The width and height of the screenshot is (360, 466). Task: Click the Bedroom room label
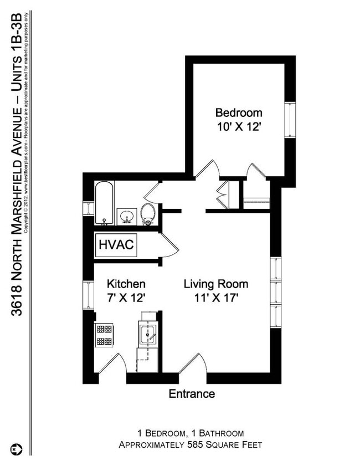(238, 112)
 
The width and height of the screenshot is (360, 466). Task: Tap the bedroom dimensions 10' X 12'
(238, 126)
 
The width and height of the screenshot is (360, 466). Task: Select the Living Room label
(216, 284)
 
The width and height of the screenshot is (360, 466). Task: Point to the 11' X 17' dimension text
(216, 298)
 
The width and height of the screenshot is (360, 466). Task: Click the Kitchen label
(126, 284)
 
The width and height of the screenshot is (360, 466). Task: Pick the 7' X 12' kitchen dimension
(126, 298)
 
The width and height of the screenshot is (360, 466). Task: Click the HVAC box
(116, 245)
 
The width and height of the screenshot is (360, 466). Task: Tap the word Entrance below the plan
(192, 394)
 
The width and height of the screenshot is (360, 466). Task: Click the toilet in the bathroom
(148, 214)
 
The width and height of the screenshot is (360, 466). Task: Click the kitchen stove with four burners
(105, 335)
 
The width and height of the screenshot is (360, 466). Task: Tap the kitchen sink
(148, 334)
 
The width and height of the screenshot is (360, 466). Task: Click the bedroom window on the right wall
(289, 120)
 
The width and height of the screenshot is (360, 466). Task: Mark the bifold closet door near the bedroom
(224, 193)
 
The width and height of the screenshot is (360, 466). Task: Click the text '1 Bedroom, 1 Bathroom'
(190, 433)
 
